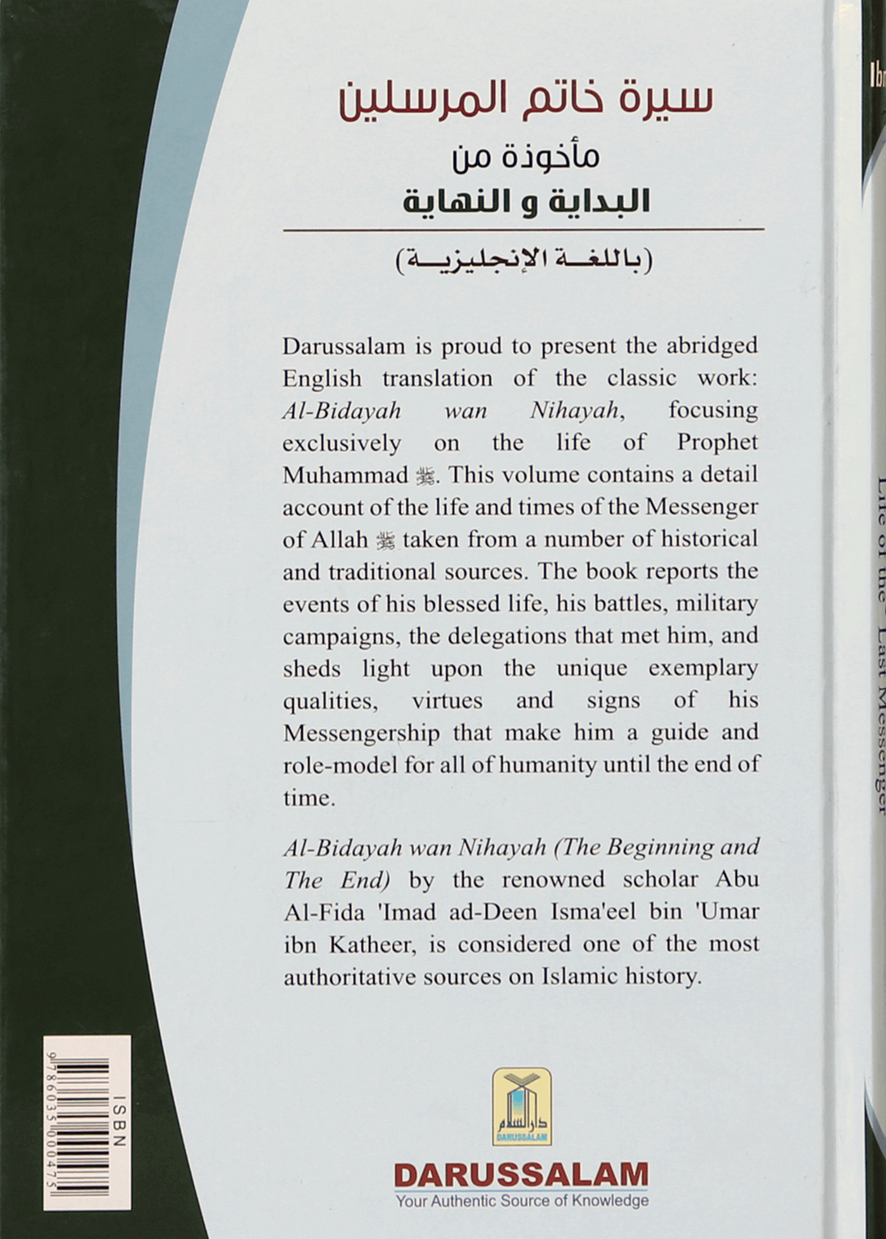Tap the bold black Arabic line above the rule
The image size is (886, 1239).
tap(525, 200)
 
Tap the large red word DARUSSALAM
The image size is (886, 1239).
tap(521, 1175)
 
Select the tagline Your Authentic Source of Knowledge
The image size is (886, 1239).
tap(522, 1200)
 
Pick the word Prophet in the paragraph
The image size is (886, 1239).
tap(717, 442)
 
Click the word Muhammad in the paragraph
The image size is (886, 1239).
tap(345, 475)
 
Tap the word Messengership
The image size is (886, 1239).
tap(361, 733)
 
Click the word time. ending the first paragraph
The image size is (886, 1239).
tap(309, 798)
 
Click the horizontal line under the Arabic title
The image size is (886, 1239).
tap(523, 230)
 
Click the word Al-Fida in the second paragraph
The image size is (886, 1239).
tap(322, 912)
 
